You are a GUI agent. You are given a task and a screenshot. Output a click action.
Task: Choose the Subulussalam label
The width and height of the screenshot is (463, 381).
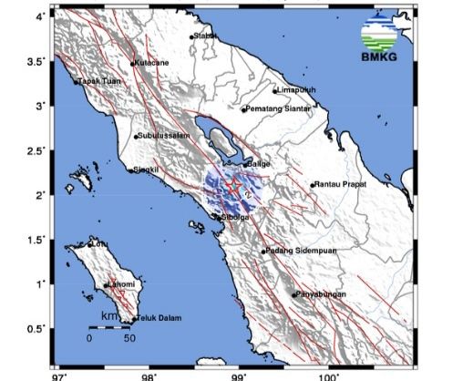tap(163, 137)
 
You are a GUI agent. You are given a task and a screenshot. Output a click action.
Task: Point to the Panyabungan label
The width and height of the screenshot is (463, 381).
tap(321, 294)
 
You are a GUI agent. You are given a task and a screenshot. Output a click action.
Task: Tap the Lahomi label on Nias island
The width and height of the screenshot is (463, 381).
tap(122, 285)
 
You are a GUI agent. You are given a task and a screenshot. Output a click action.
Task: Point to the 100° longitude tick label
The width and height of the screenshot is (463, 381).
tap(326, 375)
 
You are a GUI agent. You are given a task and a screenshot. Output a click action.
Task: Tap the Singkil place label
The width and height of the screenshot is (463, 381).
tap(147, 170)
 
